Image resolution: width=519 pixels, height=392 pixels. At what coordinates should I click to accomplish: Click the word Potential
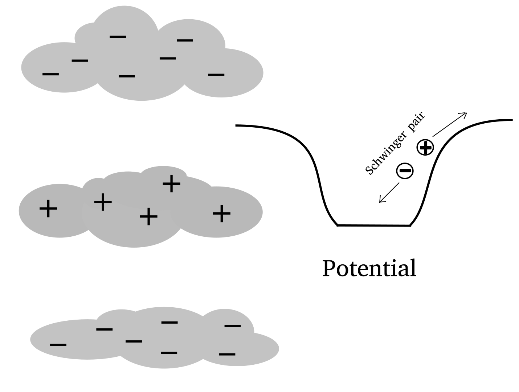pos(369,268)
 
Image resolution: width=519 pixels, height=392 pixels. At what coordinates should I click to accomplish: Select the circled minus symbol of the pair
pos(405,170)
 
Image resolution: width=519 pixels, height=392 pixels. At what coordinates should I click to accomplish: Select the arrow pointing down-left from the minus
pos(389,192)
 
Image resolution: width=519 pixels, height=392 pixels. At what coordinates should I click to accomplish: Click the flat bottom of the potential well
pos(374,225)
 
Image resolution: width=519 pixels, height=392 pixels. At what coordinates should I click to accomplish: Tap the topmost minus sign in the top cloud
pos(118,36)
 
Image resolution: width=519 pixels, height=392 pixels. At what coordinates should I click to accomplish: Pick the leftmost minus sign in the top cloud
pos(51,74)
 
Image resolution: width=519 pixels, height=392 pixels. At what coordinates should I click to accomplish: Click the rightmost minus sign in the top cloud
pos(216,75)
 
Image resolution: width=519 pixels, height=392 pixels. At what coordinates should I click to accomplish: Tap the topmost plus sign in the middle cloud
pos(171,184)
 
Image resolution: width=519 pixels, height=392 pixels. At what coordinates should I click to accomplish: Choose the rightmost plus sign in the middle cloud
pos(221,213)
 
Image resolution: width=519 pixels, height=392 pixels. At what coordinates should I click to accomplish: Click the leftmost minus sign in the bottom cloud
pos(58,344)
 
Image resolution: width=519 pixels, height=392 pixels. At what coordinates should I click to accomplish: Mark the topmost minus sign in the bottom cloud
pos(169,322)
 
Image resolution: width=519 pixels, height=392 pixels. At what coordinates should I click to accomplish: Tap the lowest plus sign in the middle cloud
pos(148,217)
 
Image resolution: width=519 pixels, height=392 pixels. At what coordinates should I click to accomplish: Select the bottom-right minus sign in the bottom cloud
pos(227,353)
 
